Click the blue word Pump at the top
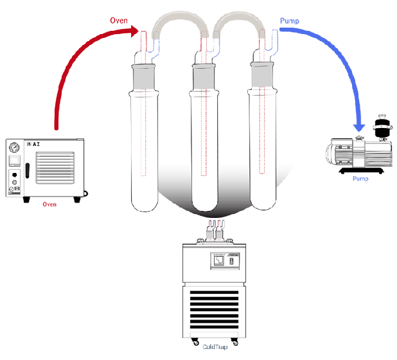(x=290, y=21)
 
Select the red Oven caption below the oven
(x=49, y=204)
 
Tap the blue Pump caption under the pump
(x=360, y=178)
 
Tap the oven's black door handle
(x=27, y=171)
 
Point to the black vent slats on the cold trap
(x=215, y=306)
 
